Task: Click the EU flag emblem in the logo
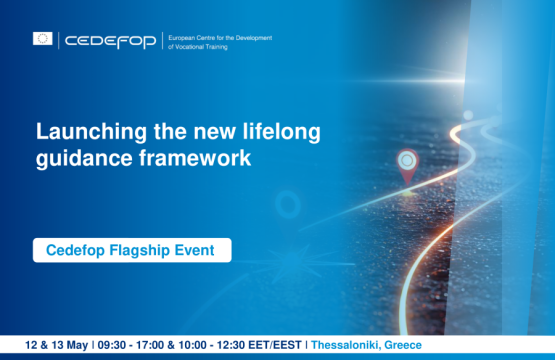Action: [42, 39]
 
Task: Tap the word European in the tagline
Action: [187, 35]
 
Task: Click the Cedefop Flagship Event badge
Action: [131, 250]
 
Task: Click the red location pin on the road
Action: [406, 164]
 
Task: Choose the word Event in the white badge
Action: [194, 250]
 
